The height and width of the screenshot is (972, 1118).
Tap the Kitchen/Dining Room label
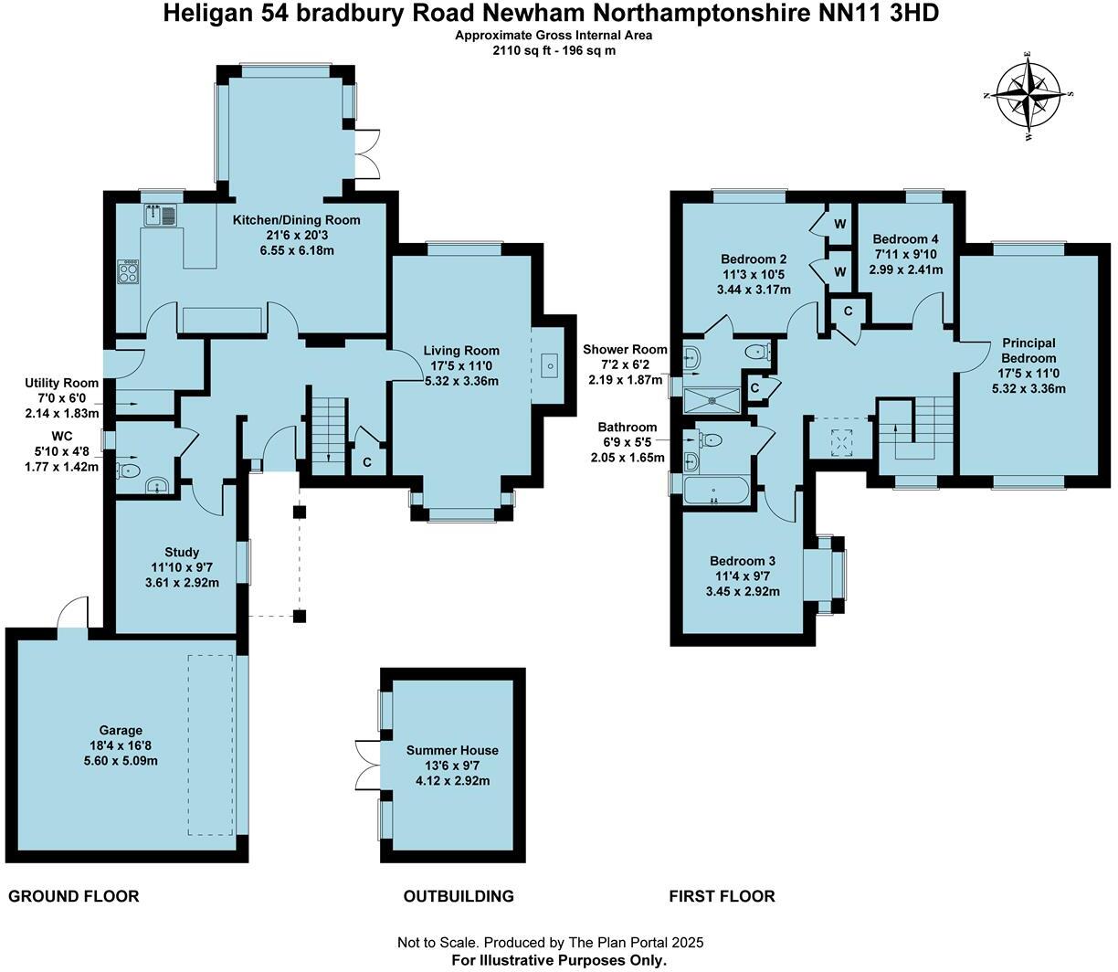coord(296,220)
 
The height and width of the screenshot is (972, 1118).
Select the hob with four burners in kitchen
coord(129,271)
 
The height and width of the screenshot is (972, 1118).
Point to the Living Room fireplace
coord(550,366)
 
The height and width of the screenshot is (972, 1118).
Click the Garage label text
coord(121,730)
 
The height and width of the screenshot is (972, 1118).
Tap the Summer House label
coord(452,750)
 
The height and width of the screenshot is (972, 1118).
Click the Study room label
coord(182,552)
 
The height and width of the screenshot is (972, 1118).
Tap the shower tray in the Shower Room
coord(712,399)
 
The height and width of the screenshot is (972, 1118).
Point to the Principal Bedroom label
coord(1028,351)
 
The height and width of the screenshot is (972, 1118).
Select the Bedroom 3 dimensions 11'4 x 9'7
coord(743,576)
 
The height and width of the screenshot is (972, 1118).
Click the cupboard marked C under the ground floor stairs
coord(367,462)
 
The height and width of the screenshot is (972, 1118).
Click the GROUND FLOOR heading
coord(74,896)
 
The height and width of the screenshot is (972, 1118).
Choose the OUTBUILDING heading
coord(459,896)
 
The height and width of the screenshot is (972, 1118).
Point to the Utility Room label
coord(62,384)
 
